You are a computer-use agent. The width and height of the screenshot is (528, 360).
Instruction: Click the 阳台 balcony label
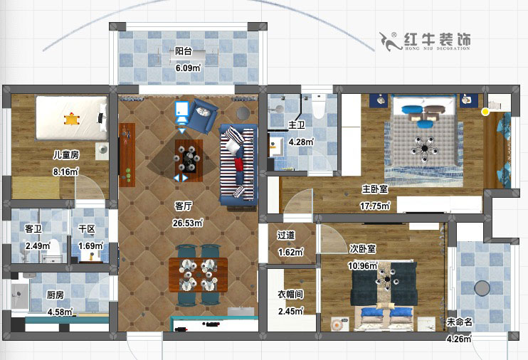click(184, 51)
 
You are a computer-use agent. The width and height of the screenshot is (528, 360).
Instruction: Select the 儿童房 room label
click(65, 154)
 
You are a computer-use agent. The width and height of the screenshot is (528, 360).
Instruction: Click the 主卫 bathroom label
click(296, 125)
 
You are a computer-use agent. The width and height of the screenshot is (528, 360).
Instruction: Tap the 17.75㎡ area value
click(374, 206)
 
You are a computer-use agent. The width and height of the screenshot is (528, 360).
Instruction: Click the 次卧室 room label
click(363, 249)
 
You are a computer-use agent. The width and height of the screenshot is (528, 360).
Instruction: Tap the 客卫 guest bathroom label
click(33, 229)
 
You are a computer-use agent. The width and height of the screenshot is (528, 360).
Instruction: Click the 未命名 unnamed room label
click(458, 322)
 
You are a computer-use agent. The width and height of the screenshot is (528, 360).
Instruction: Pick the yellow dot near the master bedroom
click(485, 112)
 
